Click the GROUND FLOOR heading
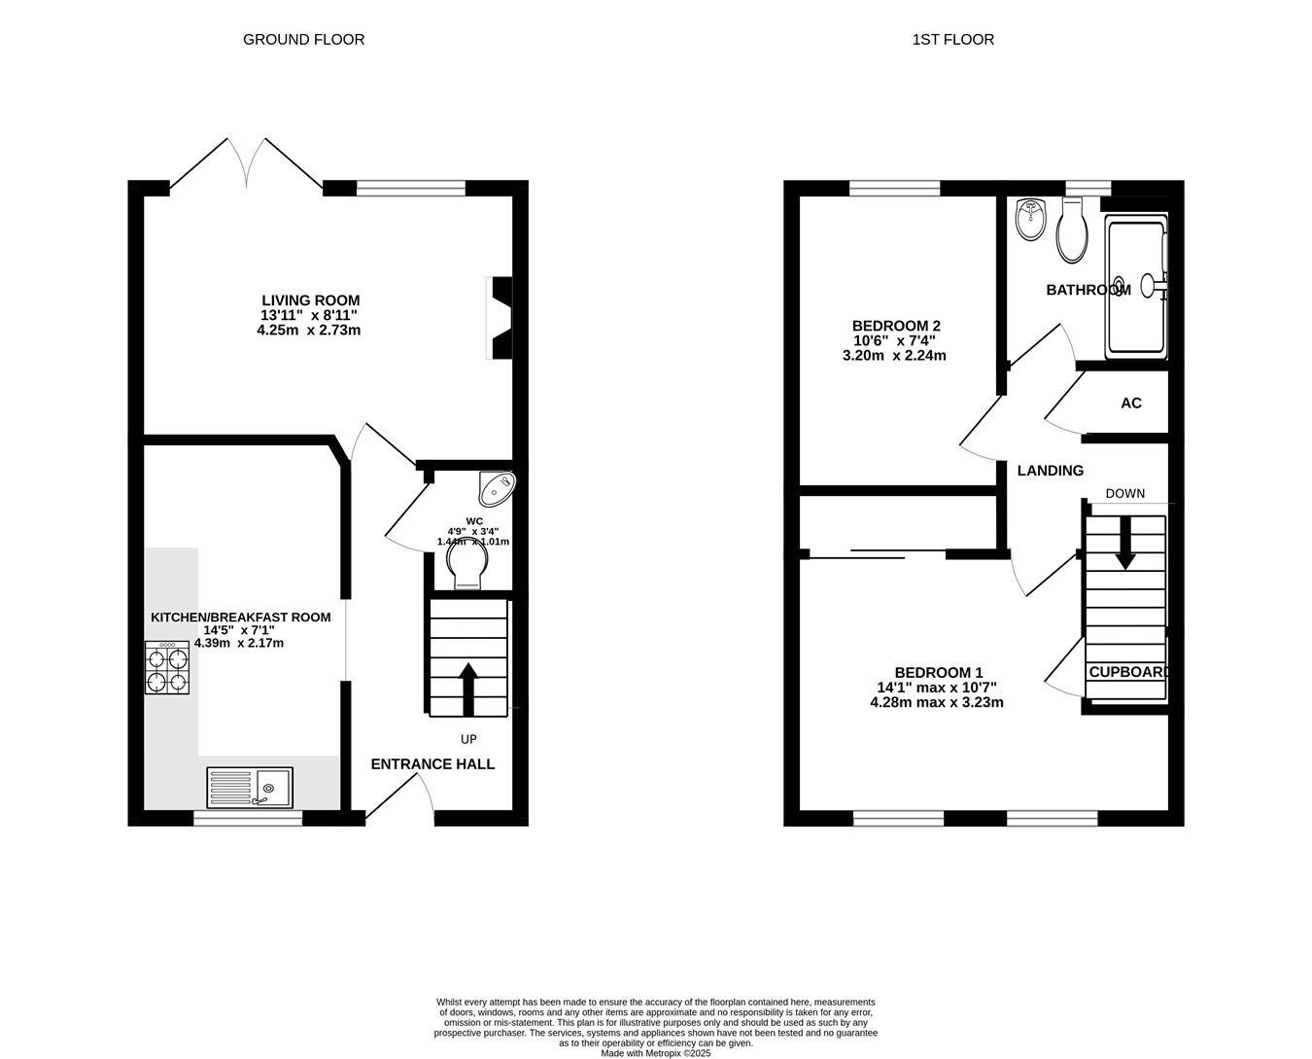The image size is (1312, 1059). (303, 40)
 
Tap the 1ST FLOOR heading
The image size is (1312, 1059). (953, 40)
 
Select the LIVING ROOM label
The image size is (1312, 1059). (311, 300)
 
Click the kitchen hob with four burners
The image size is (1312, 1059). (166, 667)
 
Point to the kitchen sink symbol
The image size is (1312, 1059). (250, 788)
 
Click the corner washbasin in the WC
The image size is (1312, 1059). (497, 488)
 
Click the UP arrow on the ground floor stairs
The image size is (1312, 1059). (468, 689)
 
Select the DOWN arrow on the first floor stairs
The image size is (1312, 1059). (1125, 543)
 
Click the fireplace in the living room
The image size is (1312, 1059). (500, 318)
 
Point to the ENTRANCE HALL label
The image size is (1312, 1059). (432, 764)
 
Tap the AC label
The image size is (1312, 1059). (1131, 404)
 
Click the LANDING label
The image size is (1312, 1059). (1051, 471)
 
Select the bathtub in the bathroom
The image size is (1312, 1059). (1136, 287)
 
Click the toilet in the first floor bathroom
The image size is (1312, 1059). (1072, 229)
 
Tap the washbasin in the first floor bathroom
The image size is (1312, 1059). (1031, 220)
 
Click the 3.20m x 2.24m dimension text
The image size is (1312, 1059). (894, 356)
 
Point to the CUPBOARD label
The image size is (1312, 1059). (1129, 672)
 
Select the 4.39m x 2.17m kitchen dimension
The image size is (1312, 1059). (239, 643)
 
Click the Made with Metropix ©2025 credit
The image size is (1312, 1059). (655, 1053)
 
